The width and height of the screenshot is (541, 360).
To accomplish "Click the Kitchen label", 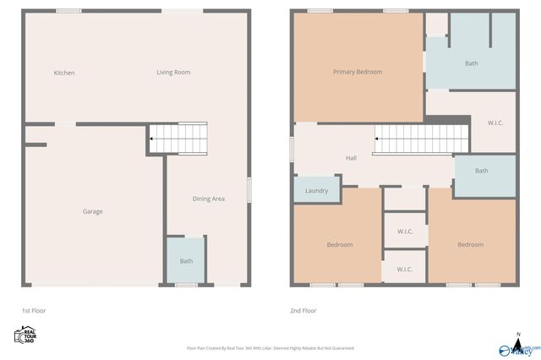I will coord(64,73).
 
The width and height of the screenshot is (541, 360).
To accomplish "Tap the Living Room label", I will coord(173,73).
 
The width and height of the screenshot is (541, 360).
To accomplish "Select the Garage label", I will coord(92,211).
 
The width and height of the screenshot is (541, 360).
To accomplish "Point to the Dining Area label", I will coord(208,199).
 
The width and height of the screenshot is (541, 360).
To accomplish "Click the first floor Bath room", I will coord(186,261).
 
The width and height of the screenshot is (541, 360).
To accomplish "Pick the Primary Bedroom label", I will coord(357,72).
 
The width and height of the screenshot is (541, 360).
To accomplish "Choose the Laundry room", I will coord(316,191).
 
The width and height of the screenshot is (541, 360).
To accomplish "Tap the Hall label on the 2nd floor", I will coord(351,158).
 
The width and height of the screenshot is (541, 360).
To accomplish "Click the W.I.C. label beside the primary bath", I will coord(496,123).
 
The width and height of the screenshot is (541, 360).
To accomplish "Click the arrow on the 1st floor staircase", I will coord(152,139).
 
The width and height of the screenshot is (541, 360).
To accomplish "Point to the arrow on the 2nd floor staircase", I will coord(376,139).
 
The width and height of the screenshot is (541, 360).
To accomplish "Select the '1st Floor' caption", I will coord(35,311).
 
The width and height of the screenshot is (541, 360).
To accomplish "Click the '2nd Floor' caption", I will coord(303,311).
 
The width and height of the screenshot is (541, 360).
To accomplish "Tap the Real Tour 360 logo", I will coord(26,335).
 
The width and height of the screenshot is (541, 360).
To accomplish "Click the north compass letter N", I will coord(517,335).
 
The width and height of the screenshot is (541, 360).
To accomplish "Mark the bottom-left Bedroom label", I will coord(340,245).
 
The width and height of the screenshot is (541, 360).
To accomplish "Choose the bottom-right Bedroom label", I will coord(470,245).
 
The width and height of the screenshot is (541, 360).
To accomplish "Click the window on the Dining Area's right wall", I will coord(249,189).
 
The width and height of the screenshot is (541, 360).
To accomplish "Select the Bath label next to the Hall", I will coord(481,171).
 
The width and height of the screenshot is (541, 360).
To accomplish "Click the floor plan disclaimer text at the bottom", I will coord(270,348).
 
